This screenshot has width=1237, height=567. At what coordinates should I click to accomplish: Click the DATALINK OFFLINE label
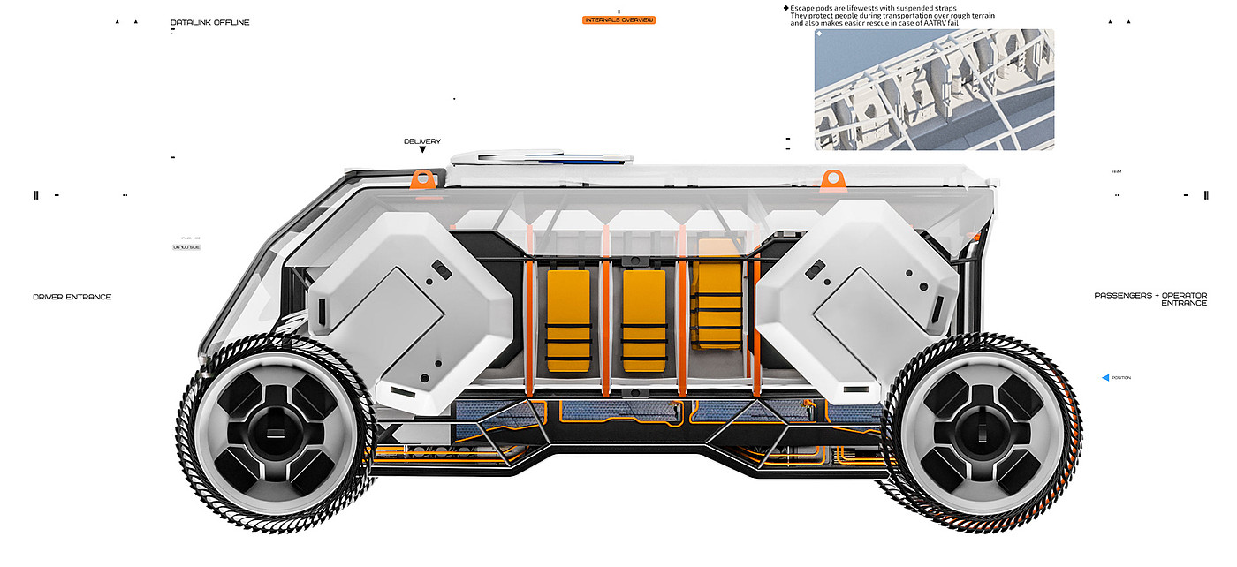(x=209, y=22)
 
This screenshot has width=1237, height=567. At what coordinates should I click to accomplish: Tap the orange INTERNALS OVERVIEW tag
(x=618, y=19)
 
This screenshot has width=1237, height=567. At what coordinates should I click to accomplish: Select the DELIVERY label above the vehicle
(x=422, y=141)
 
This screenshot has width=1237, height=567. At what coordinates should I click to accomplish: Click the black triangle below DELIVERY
(x=422, y=150)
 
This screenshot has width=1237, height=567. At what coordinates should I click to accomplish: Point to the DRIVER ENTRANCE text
(x=72, y=297)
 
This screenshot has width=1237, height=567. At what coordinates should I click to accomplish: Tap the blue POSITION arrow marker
(x=1105, y=378)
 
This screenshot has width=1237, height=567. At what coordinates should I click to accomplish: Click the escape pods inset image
(x=934, y=89)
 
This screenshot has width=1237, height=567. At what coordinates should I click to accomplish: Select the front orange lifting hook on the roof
(x=423, y=178)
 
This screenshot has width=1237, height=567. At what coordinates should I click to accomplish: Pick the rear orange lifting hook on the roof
(x=831, y=180)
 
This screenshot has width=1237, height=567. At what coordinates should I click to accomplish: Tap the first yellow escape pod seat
(x=568, y=320)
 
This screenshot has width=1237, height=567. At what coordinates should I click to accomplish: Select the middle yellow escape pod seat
(x=644, y=320)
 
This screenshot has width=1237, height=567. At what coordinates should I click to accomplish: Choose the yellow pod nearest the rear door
(x=720, y=294)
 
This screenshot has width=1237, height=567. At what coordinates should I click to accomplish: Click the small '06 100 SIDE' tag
(x=186, y=247)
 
